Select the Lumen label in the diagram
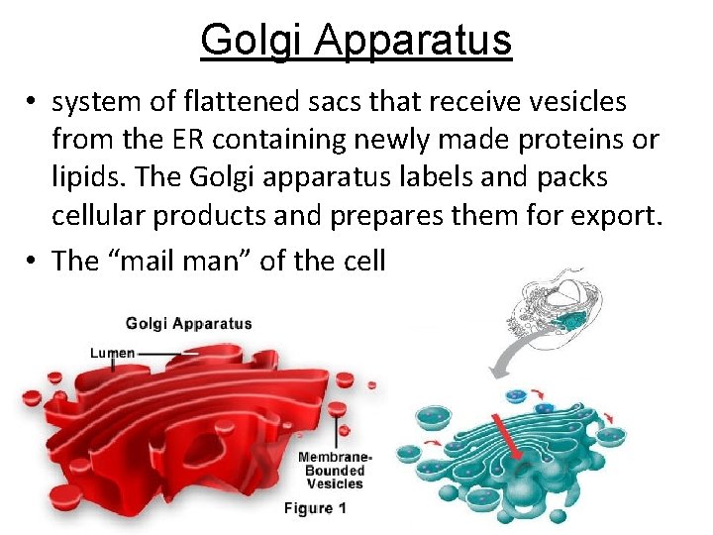[x=112, y=353]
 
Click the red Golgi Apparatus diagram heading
[x=188, y=323]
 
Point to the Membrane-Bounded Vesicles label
[x=334, y=470]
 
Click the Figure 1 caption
[x=315, y=508]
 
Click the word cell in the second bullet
[x=362, y=261]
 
